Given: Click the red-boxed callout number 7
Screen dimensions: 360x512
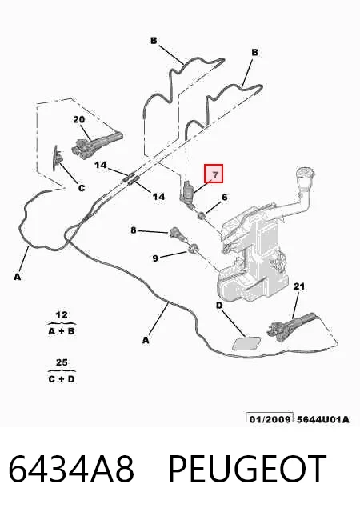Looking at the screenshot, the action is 214,174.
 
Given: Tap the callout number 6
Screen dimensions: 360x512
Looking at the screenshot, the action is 225,198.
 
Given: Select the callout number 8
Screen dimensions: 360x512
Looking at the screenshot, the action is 134,230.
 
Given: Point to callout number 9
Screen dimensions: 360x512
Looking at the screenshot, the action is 155,258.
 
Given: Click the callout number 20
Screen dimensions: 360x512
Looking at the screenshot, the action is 78,119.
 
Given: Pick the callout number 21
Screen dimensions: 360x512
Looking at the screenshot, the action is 299,286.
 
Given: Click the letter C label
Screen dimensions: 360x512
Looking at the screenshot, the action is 82,188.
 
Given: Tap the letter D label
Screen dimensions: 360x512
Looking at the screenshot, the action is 219,306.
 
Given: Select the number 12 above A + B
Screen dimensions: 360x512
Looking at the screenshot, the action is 62,315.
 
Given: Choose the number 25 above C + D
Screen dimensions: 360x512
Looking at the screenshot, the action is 62,362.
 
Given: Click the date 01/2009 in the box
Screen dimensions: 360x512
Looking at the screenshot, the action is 270,419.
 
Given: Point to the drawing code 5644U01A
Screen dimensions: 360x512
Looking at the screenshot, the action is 322,419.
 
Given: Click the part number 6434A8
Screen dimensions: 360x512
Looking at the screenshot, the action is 71,469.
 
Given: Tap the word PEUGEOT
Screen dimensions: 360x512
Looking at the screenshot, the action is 247,469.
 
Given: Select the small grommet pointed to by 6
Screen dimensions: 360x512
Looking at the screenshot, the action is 202,215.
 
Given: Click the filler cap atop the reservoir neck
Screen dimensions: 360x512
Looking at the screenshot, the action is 305,173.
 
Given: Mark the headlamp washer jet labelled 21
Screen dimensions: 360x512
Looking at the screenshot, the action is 290,326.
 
